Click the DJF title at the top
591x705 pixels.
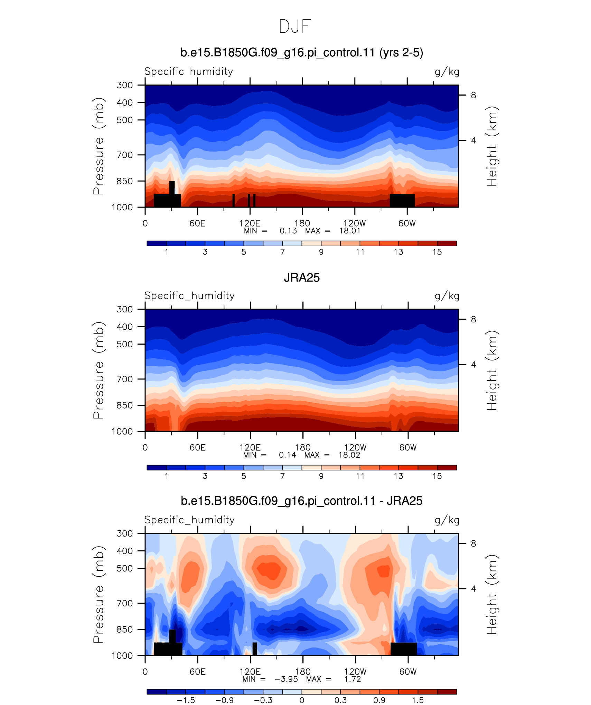pos(295,27)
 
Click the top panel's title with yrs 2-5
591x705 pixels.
pos(302,53)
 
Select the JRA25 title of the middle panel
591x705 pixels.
pos(302,278)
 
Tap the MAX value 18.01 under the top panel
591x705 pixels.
pos(350,231)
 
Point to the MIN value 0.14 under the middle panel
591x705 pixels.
pos(288,455)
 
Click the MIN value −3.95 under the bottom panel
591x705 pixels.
pos(286,679)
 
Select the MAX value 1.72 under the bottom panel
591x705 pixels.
pos(353,679)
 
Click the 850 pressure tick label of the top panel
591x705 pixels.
pos(125,181)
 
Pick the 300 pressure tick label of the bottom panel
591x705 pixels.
pos(125,533)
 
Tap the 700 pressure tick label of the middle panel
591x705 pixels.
pos(125,379)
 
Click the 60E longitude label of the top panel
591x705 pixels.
pos(197,223)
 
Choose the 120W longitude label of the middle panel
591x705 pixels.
pos(355,447)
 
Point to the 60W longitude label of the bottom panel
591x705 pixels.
pos(408,671)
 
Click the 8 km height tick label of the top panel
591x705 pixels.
pos(473,95)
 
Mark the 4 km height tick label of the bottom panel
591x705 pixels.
pos(473,588)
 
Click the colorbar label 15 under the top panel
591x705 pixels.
pos(437,252)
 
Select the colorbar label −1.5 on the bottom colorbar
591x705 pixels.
pos(186,700)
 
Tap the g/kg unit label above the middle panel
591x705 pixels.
pos(447,296)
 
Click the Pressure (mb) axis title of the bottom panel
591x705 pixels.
pos(98,594)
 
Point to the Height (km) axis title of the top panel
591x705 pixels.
pos(491,146)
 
